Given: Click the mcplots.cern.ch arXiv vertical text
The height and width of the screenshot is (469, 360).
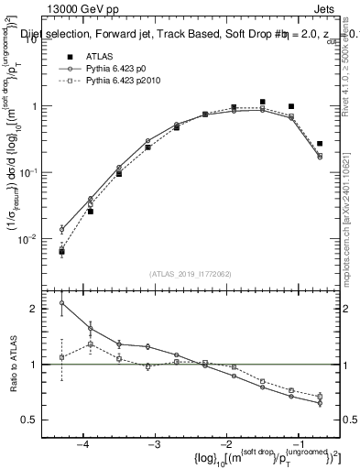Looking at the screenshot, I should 353,211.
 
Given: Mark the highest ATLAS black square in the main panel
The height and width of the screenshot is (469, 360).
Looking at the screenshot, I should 263,102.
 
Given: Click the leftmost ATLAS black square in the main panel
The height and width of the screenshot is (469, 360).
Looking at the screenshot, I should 61,251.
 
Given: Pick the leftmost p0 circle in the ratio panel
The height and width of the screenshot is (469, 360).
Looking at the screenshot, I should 61,303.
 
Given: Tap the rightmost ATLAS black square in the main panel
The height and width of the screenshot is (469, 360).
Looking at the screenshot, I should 320,144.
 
